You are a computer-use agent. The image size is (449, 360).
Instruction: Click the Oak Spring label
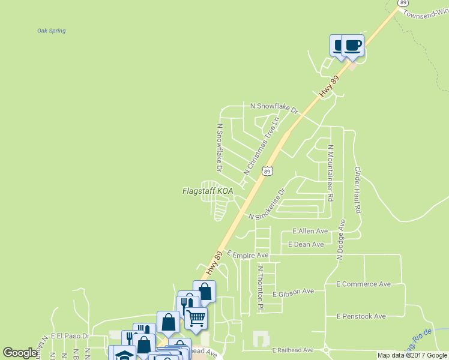point(51,31)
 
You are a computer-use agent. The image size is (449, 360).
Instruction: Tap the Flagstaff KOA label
point(207,191)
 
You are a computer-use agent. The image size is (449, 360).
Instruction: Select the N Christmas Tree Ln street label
point(262,146)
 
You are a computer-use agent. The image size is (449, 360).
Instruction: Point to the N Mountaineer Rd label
point(330,170)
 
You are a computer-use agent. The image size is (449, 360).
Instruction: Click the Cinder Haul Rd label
point(358,190)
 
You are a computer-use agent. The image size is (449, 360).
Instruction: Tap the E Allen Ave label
point(310,231)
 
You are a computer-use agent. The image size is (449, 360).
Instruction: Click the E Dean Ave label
point(306,244)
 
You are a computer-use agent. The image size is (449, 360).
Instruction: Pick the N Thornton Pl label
point(261,289)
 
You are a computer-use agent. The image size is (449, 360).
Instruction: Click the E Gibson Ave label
point(293,292)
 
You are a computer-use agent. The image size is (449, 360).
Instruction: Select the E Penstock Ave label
point(361,316)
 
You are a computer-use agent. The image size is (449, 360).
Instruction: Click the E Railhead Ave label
point(293,350)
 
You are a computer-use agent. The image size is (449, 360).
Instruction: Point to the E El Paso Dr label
point(70,336)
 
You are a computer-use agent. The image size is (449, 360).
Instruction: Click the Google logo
point(20,353)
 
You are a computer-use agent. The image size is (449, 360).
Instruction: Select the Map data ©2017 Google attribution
point(412,355)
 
